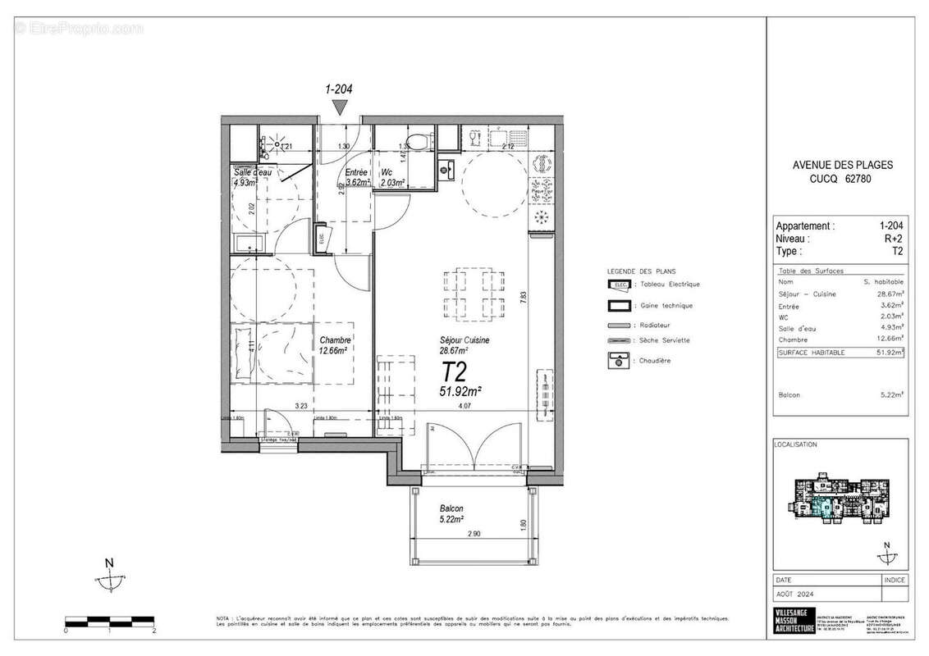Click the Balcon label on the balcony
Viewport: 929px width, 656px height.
tap(451, 508)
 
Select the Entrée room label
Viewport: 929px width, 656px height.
tap(356, 172)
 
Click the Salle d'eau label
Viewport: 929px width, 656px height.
tap(252, 172)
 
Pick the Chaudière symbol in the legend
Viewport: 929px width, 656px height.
tap(620, 360)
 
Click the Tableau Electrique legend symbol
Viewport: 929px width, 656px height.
tap(620, 285)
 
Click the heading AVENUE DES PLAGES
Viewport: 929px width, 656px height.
tap(842, 165)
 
